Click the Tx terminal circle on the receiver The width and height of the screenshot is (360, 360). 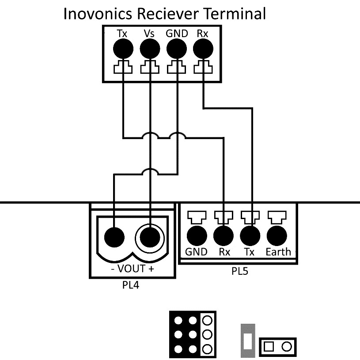122,49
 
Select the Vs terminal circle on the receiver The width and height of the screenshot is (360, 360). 149,49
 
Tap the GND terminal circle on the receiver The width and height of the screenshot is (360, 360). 176,49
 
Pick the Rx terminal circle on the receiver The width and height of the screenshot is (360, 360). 203,49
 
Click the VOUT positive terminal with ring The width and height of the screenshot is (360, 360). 150,238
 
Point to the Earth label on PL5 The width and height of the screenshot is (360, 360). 278,252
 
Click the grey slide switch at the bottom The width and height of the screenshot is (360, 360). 248,341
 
